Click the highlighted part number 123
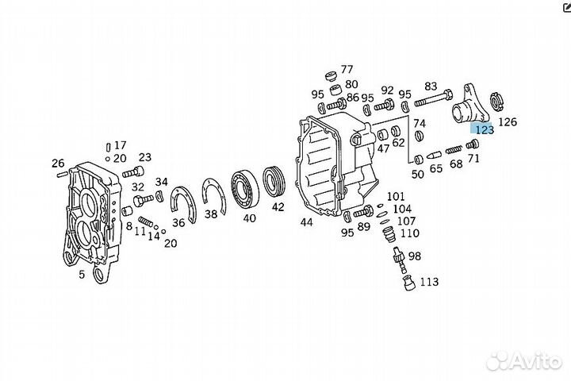[x=483, y=127]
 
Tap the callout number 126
[x=508, y=121]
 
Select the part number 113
[x=430, y=282]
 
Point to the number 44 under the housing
[x=307, y=222]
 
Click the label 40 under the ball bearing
[x=250, y=218]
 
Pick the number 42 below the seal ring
[x=278, y=208]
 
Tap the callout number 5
[x=81, y=275]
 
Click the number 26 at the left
[x=58, y=164]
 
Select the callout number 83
[x=431, y=86]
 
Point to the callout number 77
[x=347, y=69]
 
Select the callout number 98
[x=415, y=256]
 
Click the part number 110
[x=410, y=233]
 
